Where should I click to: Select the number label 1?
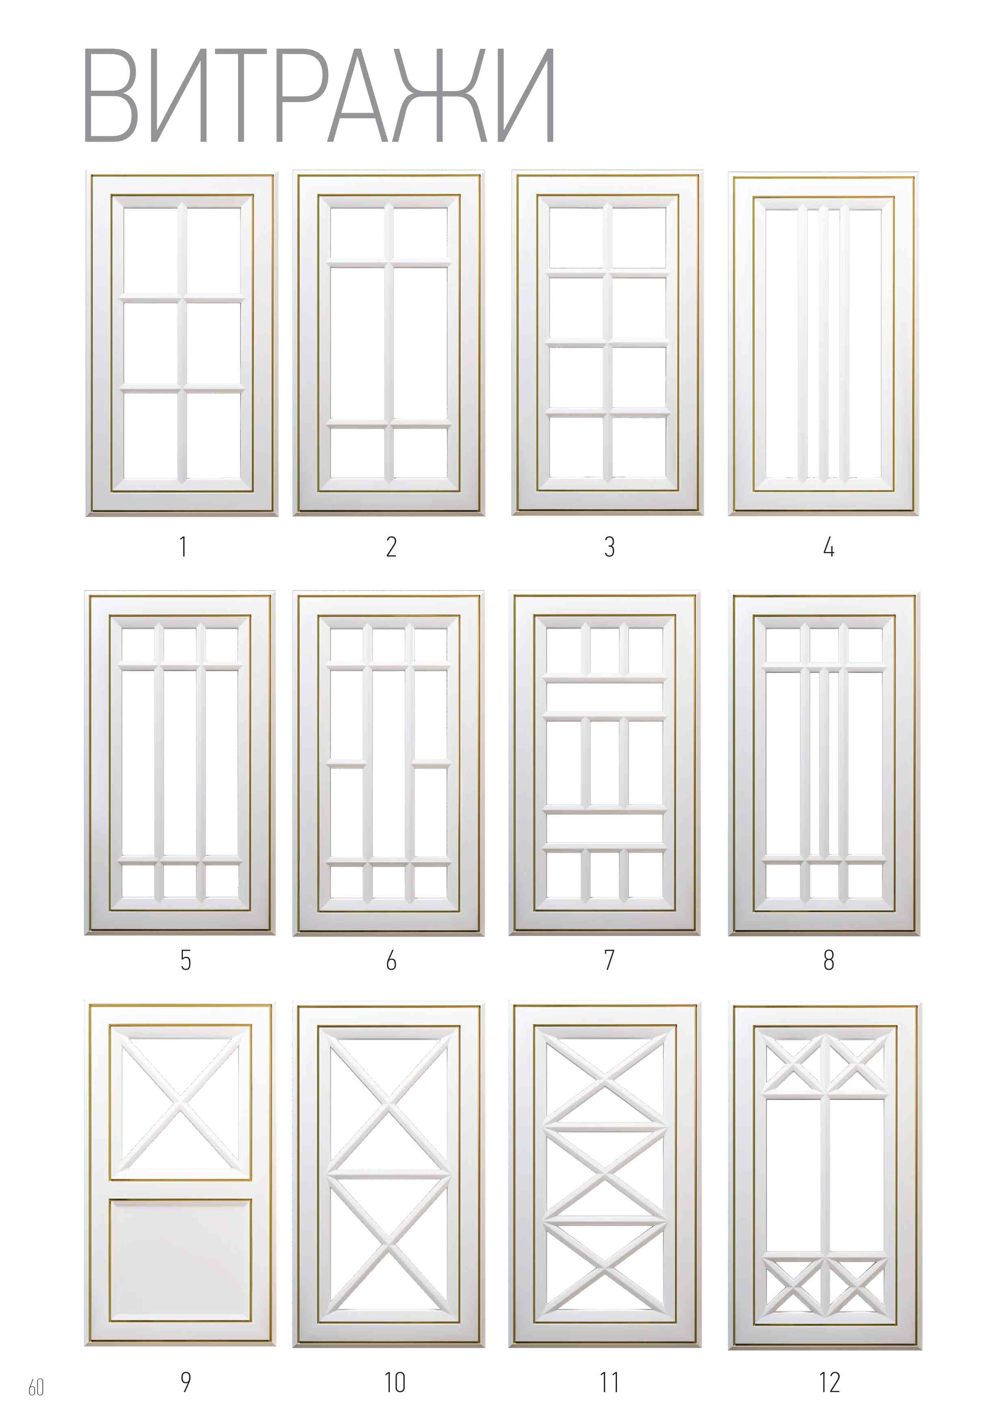(x=182, y=547)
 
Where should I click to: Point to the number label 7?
(x=609, y=960)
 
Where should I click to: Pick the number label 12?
(x=829, y=1382)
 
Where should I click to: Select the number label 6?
(x=391, y=961)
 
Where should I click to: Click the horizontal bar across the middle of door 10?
(x=389, y=1175)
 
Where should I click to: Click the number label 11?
(x=609, y=1382)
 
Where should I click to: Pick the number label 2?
(x=391, y=547)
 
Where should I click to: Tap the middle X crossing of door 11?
(x=605, y=1173)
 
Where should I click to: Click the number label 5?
(x=186, y=960)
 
